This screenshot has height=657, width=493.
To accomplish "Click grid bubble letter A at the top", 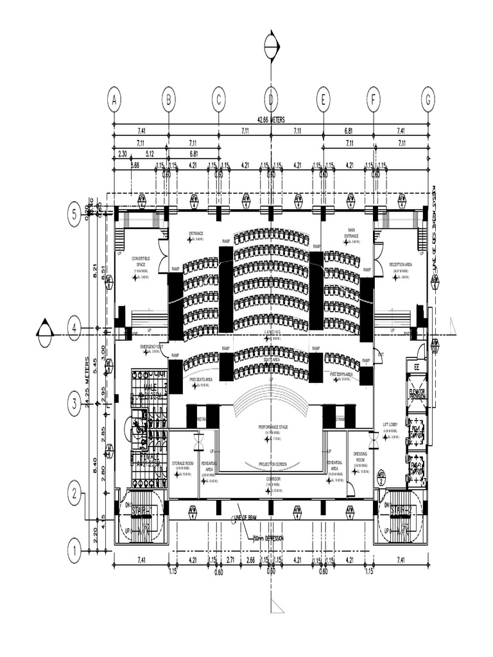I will click(x=114, y=100).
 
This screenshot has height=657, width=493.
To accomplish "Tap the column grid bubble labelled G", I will click(x=428, y=100).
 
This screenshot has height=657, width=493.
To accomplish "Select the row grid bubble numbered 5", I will click(x=74, y=215).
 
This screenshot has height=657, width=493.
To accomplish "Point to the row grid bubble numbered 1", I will click(x=74, y=550).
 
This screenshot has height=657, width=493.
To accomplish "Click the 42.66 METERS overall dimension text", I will click(x=271, y=120).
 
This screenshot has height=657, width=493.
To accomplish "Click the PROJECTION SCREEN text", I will click(x=272, y=464).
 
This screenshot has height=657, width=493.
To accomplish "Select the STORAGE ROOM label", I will click(x=183, y=463).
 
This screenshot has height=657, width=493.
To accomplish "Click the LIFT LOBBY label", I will click(x=391, y=425).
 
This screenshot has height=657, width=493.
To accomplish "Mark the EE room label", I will click(x=416, y=368).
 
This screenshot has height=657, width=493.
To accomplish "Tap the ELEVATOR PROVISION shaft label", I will click(x=416, y=394).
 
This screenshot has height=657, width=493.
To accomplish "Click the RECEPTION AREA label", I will click(x=401, y=264).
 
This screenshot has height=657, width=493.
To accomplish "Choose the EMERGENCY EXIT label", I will click(x=151, y=346).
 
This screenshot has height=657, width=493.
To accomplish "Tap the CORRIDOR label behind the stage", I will click(x=272, y=479).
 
